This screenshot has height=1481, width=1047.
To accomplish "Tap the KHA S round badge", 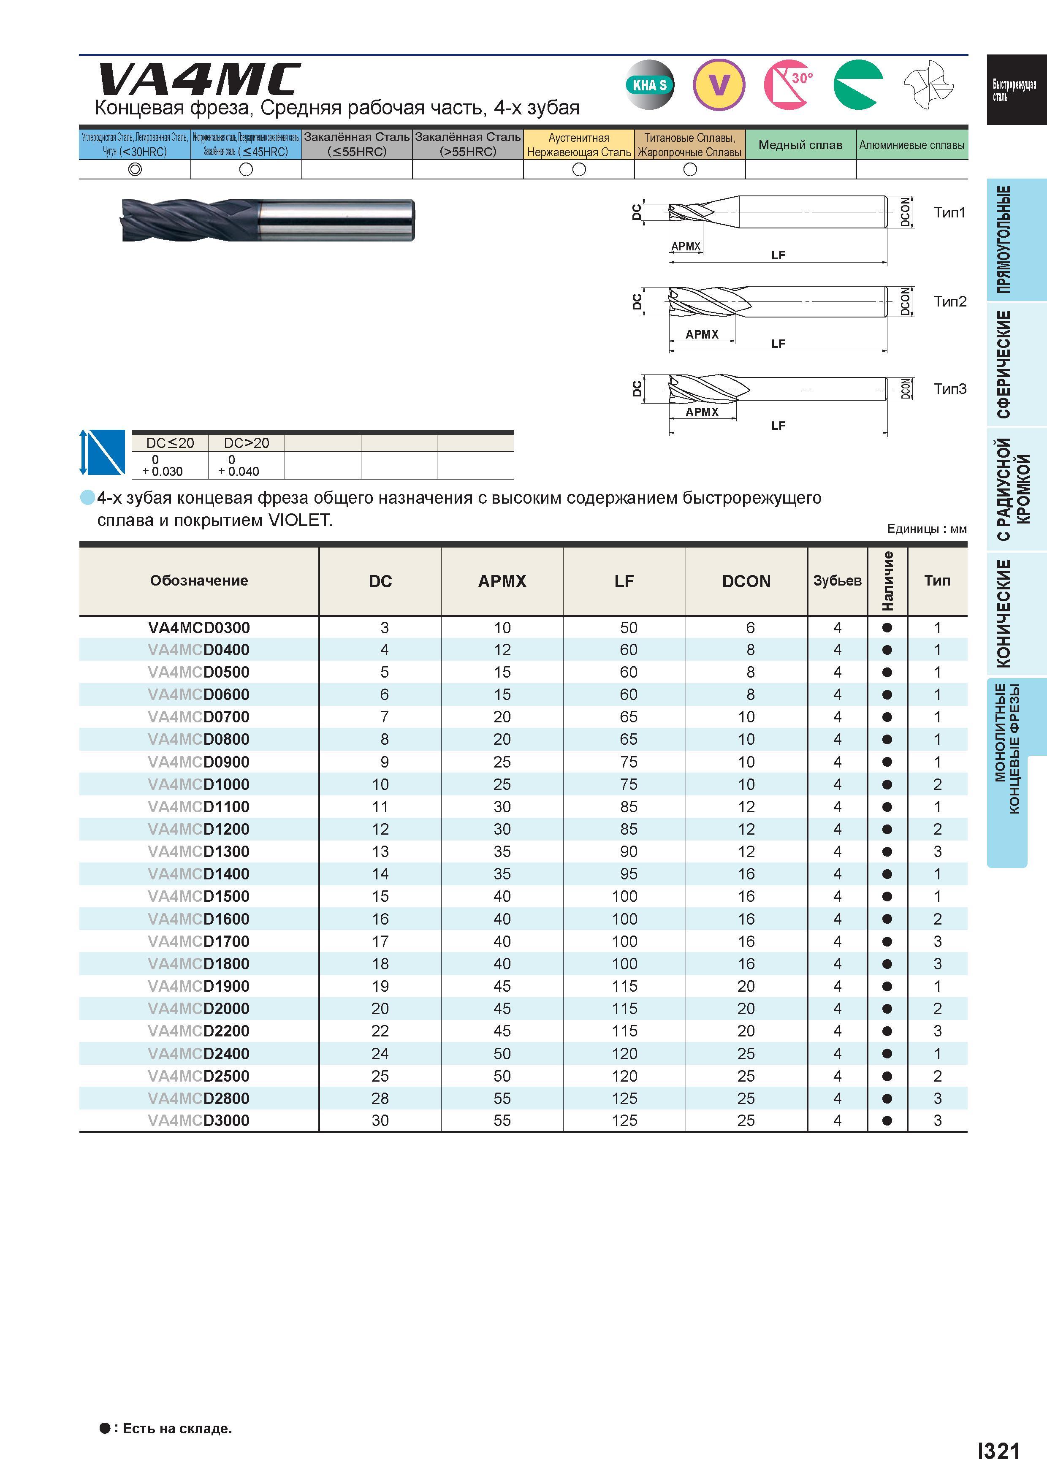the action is click(650, 84).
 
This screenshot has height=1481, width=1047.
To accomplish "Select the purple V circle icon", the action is click(719, 84).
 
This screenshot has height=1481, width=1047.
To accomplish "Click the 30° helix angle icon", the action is click(788, 84).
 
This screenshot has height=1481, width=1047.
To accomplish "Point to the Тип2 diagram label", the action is click(949, 301).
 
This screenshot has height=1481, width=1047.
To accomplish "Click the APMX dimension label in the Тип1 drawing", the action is click(685, 247).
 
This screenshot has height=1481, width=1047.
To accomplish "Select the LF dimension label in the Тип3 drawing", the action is click(778, 426).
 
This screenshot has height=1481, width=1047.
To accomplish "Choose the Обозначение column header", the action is click(199, 580).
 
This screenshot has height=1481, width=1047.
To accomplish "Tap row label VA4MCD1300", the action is click(199, 852).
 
